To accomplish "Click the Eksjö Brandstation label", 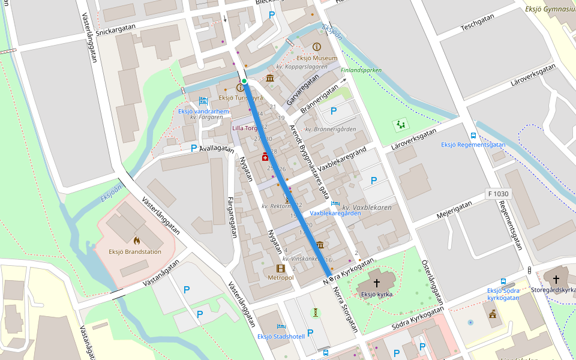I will click(x=135, y=252).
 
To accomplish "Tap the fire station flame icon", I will click(x=137, y=240).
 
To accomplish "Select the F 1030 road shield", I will click(x=498, y=194).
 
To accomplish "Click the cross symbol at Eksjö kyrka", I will click(x=377, y=283).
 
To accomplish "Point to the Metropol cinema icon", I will click(x=280, y=268).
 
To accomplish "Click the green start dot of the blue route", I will click(x=244, y=81).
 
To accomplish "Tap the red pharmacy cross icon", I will click(x=265, y=157).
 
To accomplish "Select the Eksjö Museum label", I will click(x=316, y=58).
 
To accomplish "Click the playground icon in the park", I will click(x=400, y=125).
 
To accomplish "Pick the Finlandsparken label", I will click(x=361, y=70).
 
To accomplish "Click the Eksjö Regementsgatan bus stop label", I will click(x=473, y=145).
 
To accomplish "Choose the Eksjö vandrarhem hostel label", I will click(x=203, y=111).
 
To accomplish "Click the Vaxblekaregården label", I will click(x=335, y=213).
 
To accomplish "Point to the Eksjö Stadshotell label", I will click(x=281, y=337).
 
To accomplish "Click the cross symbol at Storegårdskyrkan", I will click(x=556, y=279).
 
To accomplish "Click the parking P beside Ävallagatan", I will click(x=194, y=148).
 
